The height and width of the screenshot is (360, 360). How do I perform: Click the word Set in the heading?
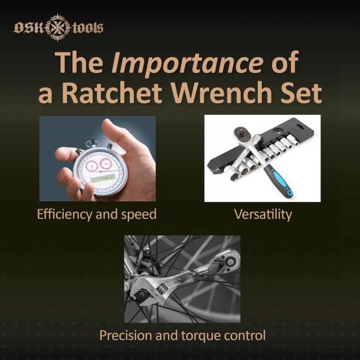(302, 93)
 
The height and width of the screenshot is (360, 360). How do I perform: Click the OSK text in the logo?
(29, 27)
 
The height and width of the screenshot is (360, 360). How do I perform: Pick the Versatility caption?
(263, 214)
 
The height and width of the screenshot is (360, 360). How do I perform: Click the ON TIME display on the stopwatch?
(102, 180)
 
